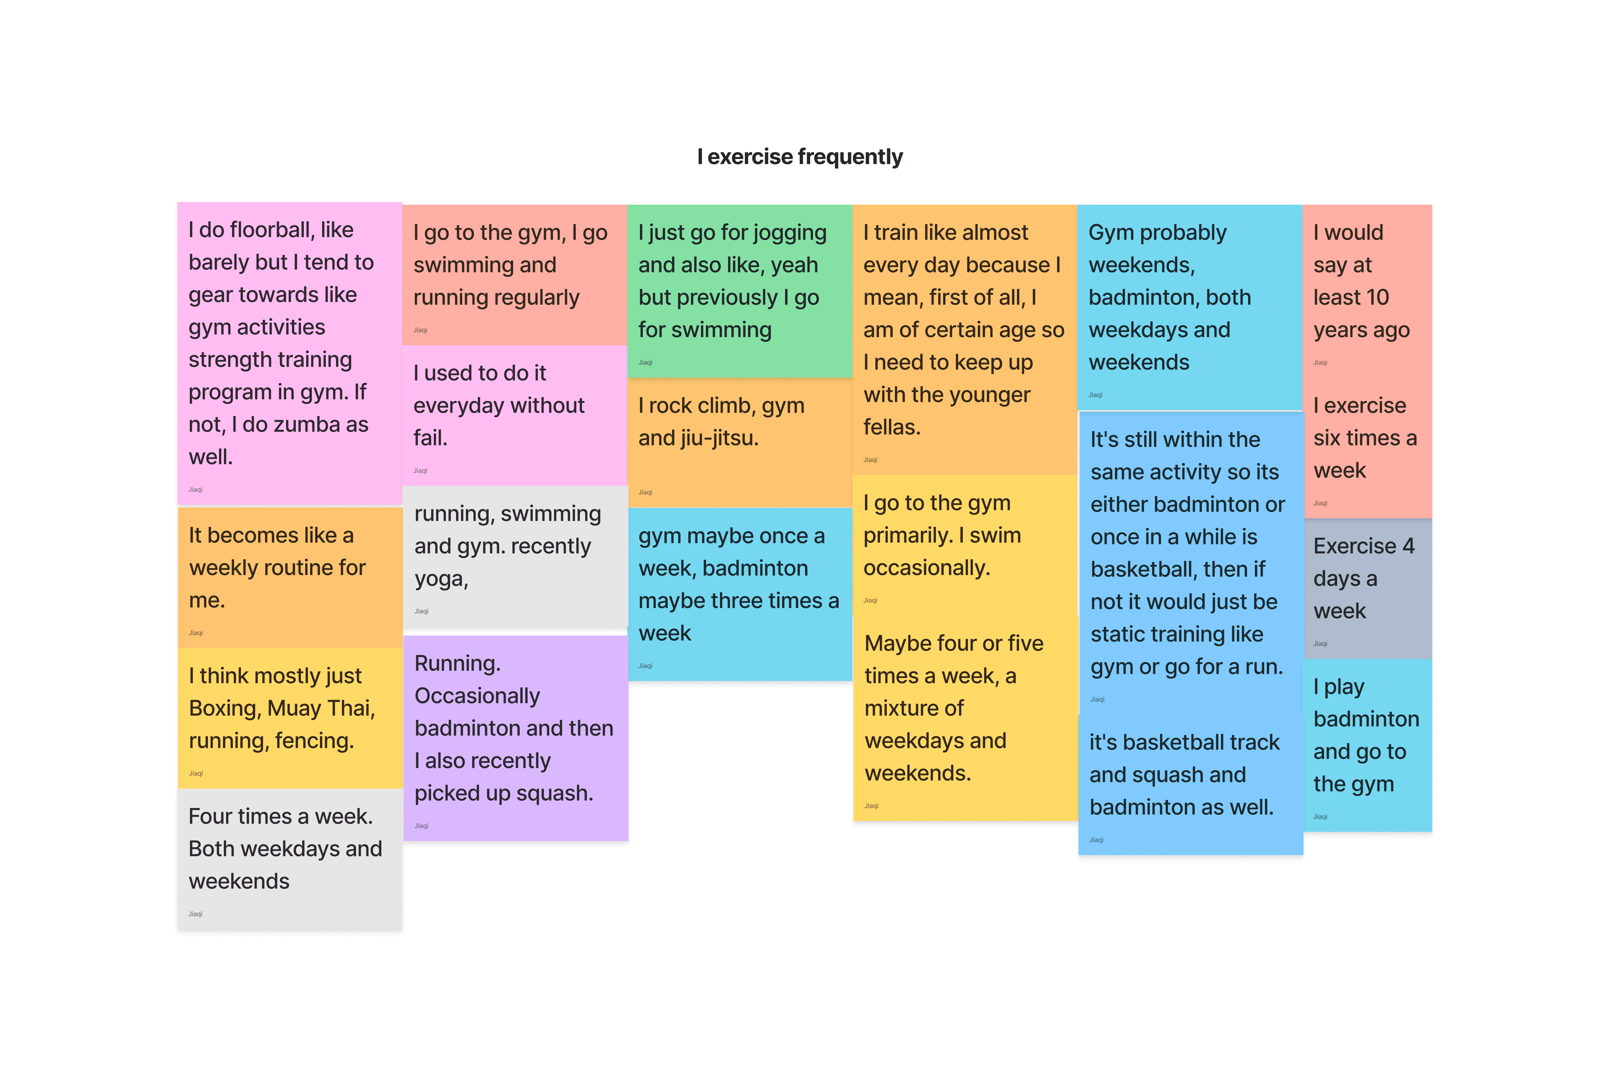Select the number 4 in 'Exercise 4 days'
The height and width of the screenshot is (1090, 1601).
[x=1408, y=546]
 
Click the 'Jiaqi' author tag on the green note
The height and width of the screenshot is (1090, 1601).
[x=645, y=362]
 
